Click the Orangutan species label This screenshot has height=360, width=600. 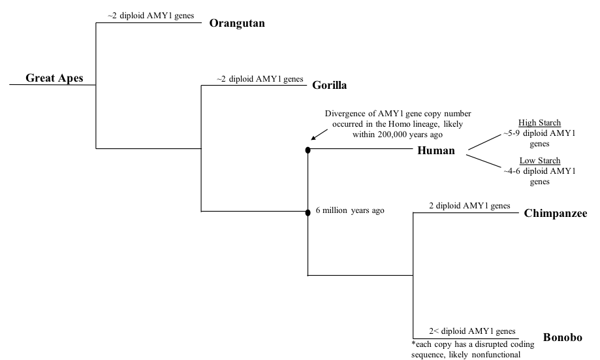pyautogui.click(x=240, y=23)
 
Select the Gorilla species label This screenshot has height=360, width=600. pyautogui.click(x=329, y=85)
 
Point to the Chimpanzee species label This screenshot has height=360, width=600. pyautogui.click(x=556, y=213)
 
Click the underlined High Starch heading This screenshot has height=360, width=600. pyautogui.click(x=539, y=123)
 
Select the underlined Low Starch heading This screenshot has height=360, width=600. pyautogui.click(x=539, y=161)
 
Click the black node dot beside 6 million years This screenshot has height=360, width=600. pyautogui.click(x=308, y=212)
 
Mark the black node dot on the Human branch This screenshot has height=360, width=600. pyautogui.click(x=308, y=150)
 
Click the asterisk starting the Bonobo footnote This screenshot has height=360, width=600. pyautogui.click(x=413, y=344)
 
